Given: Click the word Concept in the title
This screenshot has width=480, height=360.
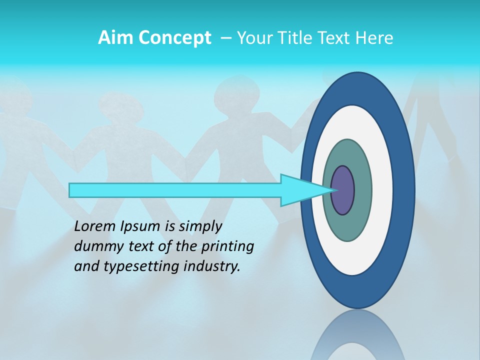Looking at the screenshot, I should [174, 38].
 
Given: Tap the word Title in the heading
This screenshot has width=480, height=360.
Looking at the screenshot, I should [293, 38].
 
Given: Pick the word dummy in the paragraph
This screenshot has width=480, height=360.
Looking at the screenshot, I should [95, 246].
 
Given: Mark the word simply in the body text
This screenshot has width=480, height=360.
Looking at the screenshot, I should [200, 226].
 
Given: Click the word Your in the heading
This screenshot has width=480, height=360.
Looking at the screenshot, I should [252, 38].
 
